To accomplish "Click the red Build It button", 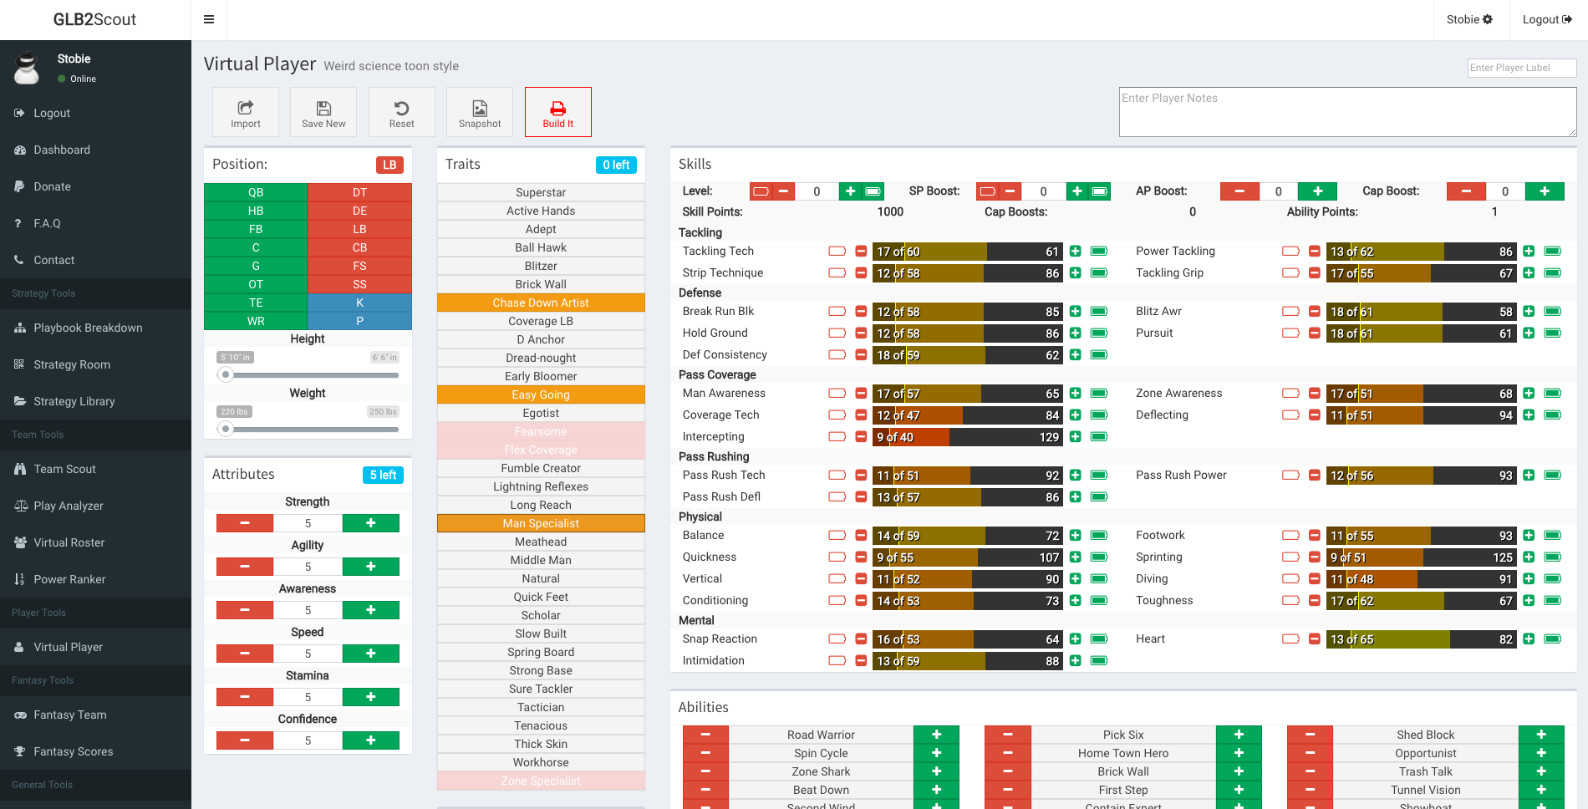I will coord(557,112).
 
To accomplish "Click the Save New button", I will coord(323,112).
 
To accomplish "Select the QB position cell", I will coord(256,192).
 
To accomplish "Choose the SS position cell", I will coord(359,284).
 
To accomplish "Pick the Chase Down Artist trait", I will coord(541,303).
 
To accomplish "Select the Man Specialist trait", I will coord(541,523).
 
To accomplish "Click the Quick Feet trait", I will coord(541,597).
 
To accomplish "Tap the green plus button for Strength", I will coord(370,523).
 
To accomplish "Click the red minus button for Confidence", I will coord(245,740).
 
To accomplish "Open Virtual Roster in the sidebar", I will coord(69,542).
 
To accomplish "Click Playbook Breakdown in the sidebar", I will coord(88,328).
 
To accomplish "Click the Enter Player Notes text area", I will coord(1347,112).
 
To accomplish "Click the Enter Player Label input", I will coord(1521,68).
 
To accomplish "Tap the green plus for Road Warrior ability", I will coord(936,735).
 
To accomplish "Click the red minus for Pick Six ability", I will coord(1008,735).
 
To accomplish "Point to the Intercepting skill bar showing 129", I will coord(967,437).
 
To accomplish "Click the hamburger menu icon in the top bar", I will coord(209,20).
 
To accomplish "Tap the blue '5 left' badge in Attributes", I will coord(384,475).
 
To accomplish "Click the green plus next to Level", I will coord(850,191).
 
